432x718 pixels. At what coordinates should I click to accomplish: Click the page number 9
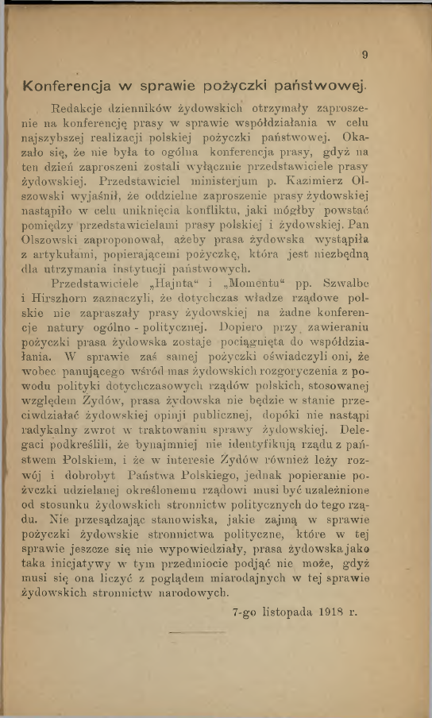[x=364, y=56]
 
